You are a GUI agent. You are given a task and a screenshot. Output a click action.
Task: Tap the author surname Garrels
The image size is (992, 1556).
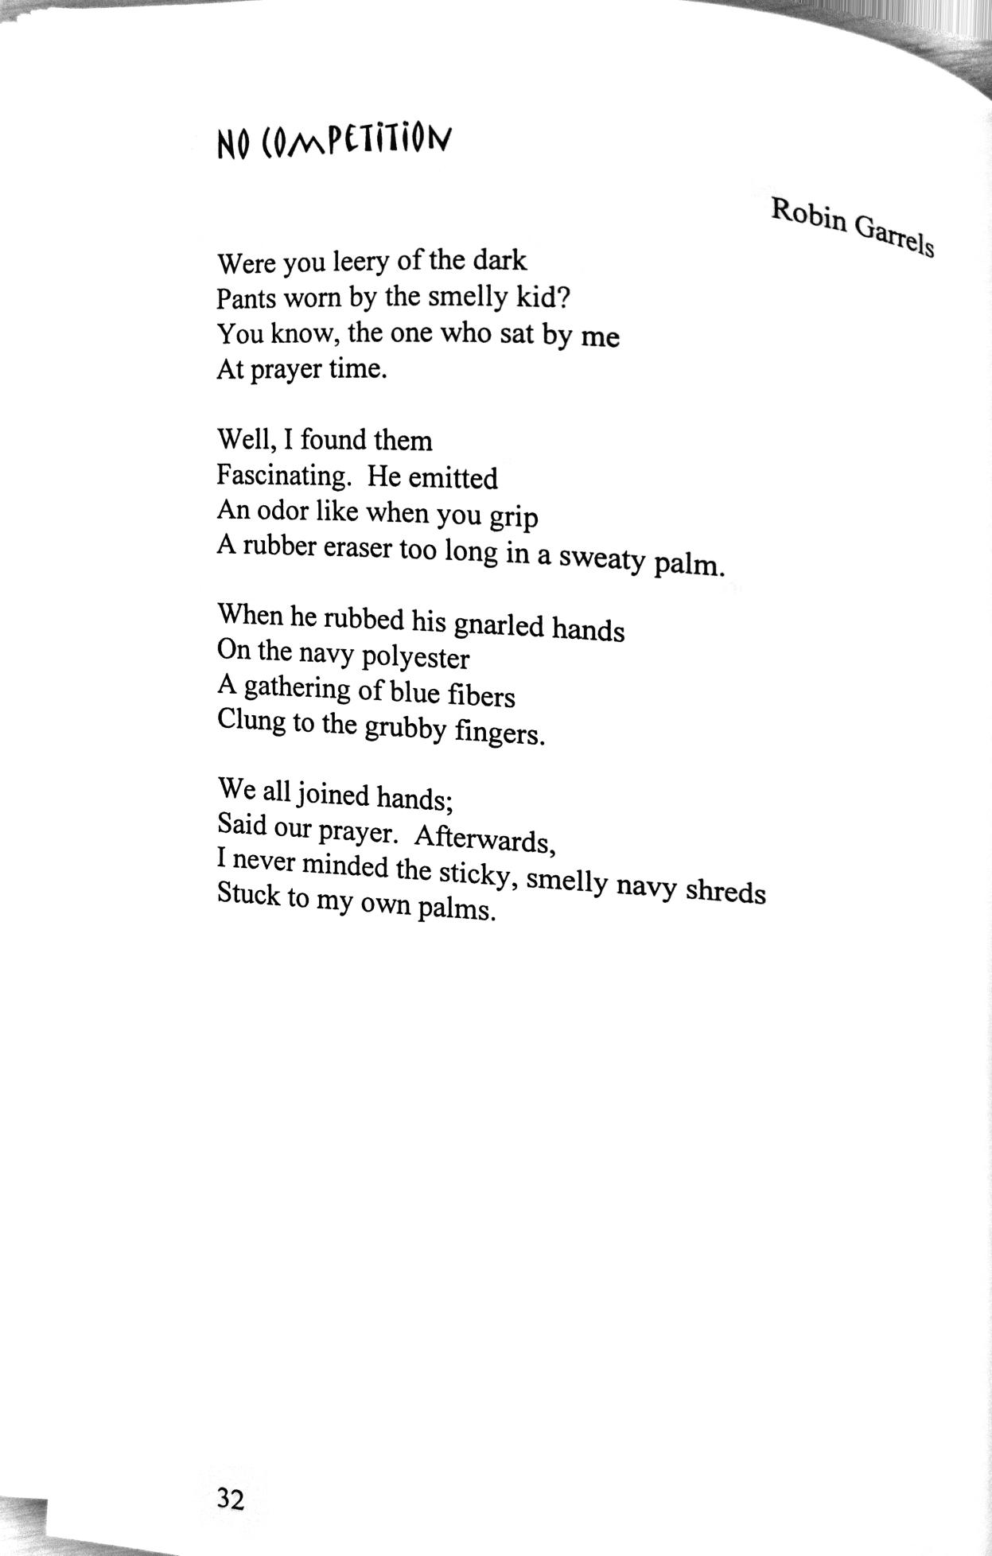pos(894,236)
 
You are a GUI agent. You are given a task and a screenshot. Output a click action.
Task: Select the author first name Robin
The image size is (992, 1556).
pos(808,216)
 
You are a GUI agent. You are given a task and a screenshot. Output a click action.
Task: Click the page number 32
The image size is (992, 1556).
pos(230,1500)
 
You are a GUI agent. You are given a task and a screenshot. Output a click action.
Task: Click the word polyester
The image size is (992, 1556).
pos(415,658)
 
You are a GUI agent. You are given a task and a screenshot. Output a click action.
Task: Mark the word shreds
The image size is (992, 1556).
pos(726,891)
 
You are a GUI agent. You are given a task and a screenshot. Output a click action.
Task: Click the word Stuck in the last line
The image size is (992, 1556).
pos(248,894)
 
